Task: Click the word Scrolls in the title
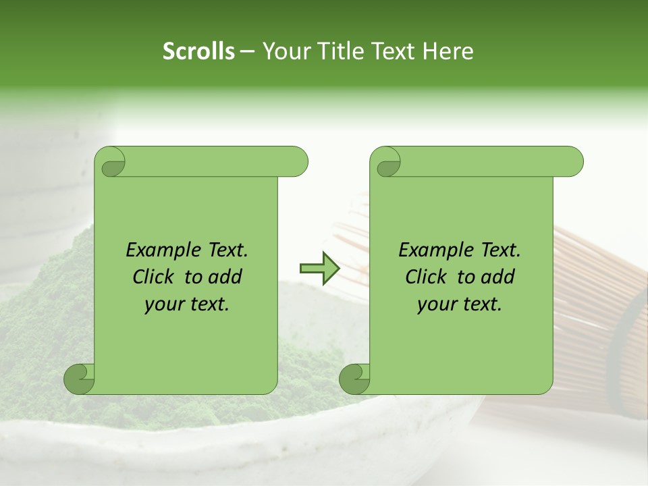198,51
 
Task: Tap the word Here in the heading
448,51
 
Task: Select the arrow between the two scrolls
319,269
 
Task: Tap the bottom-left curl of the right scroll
356,378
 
